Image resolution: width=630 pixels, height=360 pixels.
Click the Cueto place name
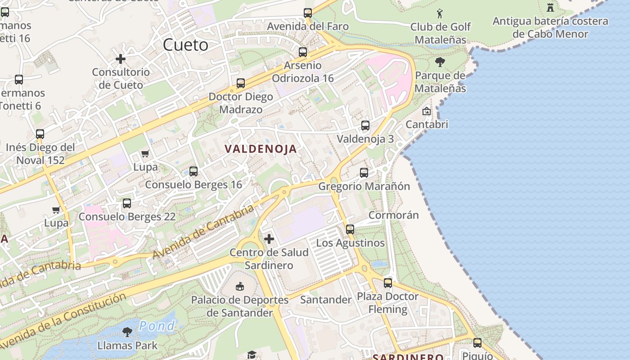coord(185,45)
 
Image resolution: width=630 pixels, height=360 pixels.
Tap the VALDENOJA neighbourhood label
coord(261,149)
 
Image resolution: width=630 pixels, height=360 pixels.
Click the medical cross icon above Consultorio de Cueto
coord(121,59)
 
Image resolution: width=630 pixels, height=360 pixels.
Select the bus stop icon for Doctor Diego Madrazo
coord(241,83)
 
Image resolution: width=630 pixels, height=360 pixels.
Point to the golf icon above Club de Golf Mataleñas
coord(440,13)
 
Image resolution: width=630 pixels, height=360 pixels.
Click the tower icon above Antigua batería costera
coord(550,7)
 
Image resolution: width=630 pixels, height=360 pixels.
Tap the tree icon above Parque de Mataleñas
coord(440,62)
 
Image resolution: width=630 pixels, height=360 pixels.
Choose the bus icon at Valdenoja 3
coord(365,126)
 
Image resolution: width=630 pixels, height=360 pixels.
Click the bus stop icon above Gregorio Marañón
coord(364,173)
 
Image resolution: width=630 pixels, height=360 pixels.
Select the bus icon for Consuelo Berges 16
coord(193,171)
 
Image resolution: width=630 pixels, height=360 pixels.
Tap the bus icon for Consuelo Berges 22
coord(127,203)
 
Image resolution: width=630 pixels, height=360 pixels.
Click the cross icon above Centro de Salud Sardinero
coord(269,239)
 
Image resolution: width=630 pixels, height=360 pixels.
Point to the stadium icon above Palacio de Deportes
coord(240,286)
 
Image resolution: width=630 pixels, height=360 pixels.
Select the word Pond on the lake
coord(157,325)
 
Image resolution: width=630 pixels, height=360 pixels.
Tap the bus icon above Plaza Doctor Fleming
coord(388,283)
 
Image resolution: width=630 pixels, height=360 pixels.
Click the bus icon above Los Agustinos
coord(350,229)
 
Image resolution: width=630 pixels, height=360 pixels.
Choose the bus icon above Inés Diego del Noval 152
coord(40,134)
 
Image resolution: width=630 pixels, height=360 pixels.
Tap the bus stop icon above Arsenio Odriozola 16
coord(303,52)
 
